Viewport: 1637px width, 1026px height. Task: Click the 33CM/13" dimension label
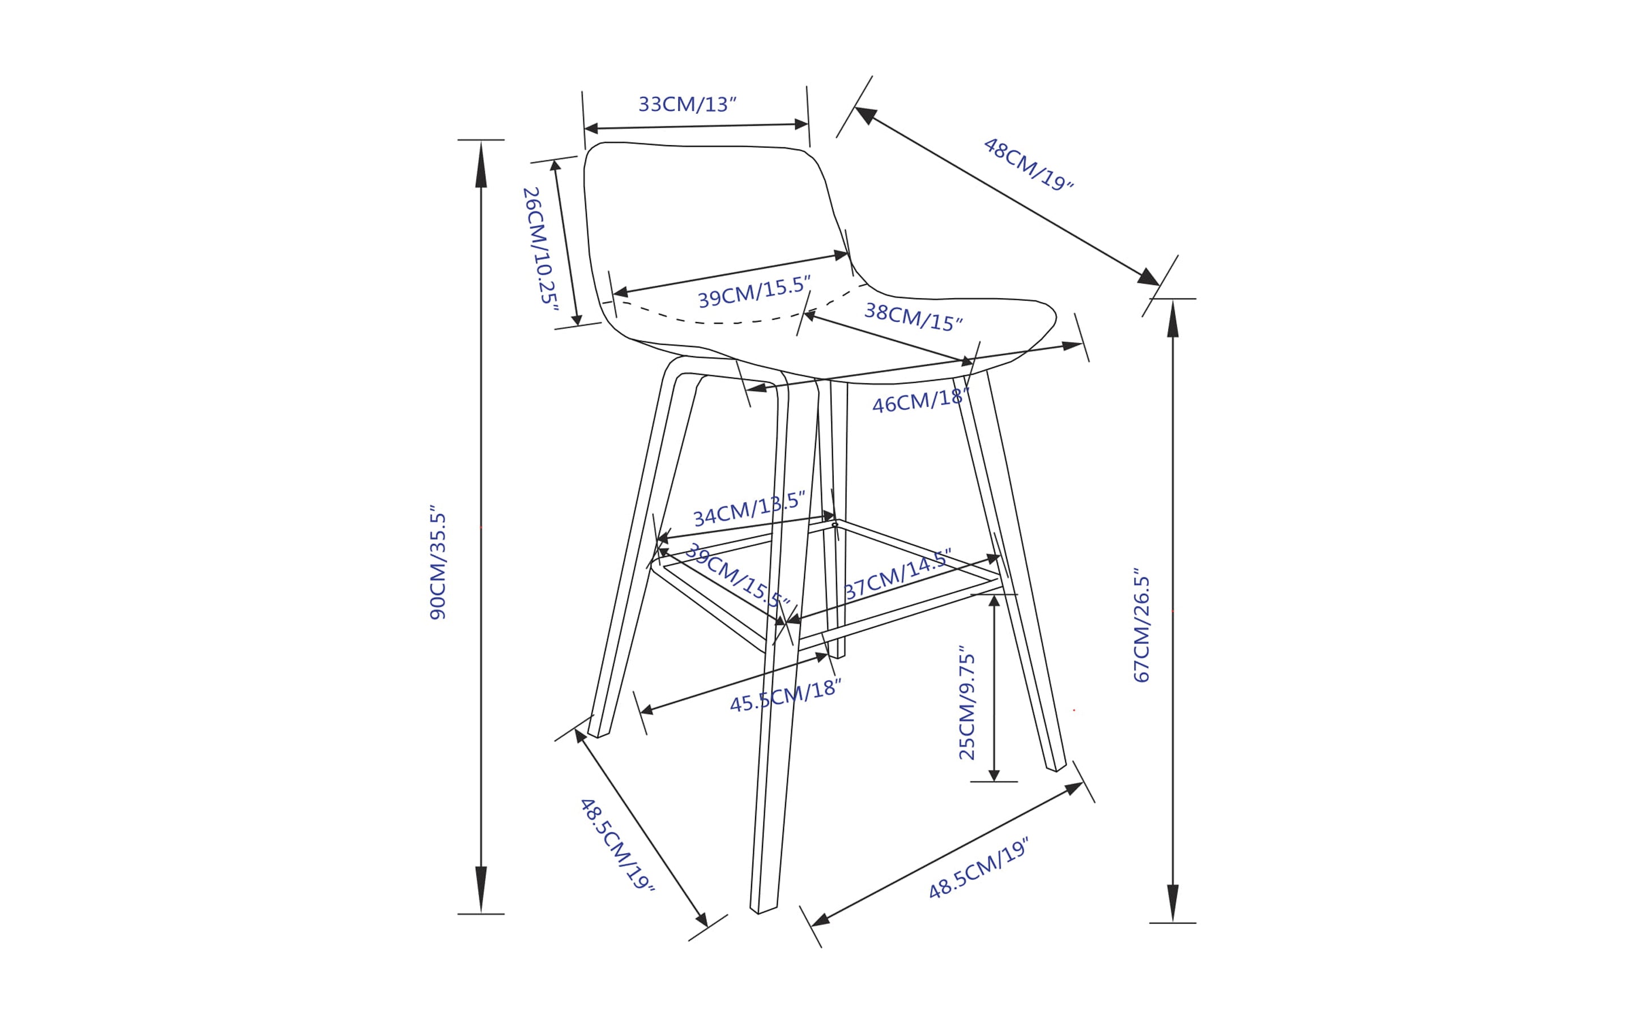[x=687, y=104]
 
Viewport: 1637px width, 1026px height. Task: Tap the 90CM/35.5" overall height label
[x=438, y=561]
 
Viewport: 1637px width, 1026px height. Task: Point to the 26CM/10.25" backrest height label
[x=540, y=249]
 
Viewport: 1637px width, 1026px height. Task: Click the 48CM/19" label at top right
[x=1029, y=165]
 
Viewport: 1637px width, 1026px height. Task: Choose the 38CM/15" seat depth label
[x=913, y=317]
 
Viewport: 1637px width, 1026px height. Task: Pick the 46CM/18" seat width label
[x=920, y=400]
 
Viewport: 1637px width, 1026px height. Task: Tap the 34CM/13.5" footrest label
[x=749, y=509]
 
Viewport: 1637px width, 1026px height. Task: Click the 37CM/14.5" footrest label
[x=898, y=574]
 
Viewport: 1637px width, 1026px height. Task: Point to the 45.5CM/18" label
[x=785, y=696]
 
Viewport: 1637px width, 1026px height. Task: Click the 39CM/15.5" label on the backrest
[x=754, y=292]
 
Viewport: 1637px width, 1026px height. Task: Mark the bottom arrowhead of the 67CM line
[x=1173, y=903]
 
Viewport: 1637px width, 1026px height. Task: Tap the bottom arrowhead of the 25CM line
[x=994, y=775]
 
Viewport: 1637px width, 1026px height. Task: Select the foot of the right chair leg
[x=1056, y=767]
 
